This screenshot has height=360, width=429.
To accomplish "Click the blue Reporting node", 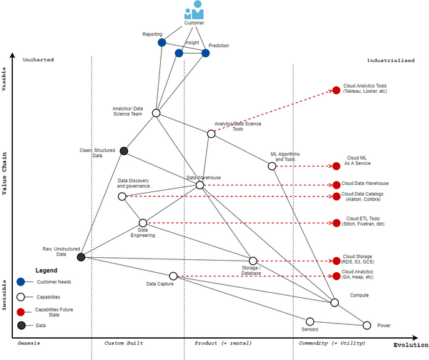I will [x=162, y=42].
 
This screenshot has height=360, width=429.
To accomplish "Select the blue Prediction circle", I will [x=205, y=53].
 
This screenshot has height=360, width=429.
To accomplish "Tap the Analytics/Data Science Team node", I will [x=156, y=113].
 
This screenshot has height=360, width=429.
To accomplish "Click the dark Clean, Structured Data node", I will [x=124, y=151].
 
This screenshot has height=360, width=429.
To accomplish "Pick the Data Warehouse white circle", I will [x=199, y=185].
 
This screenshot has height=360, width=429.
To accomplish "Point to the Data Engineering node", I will [x=143, y=223].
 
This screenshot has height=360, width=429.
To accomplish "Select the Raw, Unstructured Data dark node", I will [x=81, y=256].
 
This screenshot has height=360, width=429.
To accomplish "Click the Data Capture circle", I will [x=173, y=276].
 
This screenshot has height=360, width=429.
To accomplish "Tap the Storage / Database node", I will [x=252, y=261].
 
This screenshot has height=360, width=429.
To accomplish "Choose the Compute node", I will [x=335, y=303].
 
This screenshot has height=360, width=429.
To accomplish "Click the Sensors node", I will [x=310, y=321].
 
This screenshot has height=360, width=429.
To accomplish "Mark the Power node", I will [x=367, y=325].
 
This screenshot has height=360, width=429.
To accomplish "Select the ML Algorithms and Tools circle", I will [x=272, y=166].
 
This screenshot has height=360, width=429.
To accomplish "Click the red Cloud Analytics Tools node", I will [x=336, y=90].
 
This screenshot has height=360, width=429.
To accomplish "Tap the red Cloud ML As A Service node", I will [x=336, y=166].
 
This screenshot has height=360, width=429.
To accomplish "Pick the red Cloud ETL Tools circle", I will [x=336, y=223].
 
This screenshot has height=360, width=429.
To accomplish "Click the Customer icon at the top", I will [x=194, y=11].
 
